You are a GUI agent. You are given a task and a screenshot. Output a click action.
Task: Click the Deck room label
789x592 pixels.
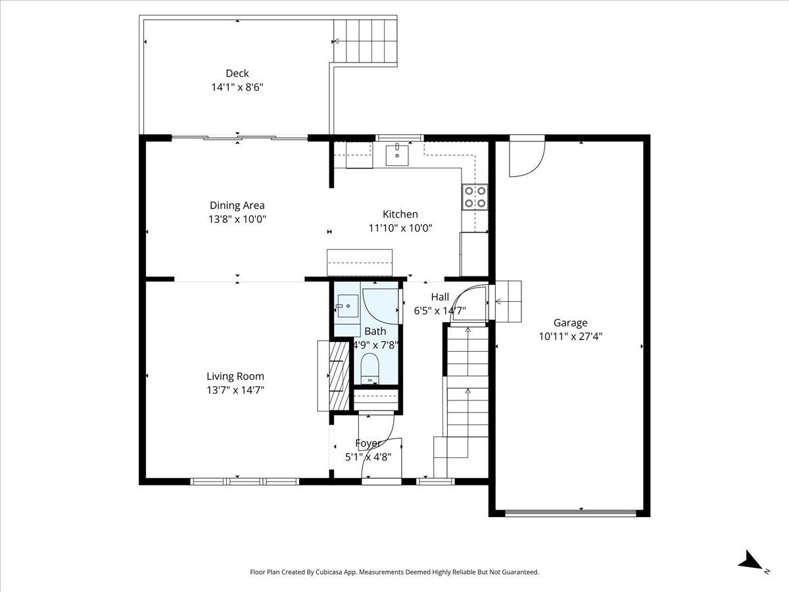237,73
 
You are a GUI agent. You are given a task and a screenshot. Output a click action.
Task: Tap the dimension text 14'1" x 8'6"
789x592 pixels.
237,87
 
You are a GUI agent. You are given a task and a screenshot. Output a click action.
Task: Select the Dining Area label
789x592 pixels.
237,205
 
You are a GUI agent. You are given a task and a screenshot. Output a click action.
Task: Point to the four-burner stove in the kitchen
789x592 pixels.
475,197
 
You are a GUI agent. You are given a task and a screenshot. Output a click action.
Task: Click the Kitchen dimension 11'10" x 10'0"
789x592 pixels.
400,228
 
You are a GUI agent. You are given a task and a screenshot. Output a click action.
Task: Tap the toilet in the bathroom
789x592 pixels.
370,369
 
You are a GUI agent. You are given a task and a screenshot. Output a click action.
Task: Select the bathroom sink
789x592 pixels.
348,306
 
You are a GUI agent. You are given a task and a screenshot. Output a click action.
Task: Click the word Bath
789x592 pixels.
375,331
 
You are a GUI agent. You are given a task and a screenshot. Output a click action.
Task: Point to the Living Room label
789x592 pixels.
235,376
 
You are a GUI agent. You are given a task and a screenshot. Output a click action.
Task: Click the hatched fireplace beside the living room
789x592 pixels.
339,376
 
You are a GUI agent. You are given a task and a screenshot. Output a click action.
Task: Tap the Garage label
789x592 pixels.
571,323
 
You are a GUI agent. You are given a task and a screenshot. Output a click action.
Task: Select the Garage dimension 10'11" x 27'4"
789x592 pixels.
571,336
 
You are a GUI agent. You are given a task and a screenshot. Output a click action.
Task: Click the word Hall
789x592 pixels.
440,297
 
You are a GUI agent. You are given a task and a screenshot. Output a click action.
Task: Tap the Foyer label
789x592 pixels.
368,443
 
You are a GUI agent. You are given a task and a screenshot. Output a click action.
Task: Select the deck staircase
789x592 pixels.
365,42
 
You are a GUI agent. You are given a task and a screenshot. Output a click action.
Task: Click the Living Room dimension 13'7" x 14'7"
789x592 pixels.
235,390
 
